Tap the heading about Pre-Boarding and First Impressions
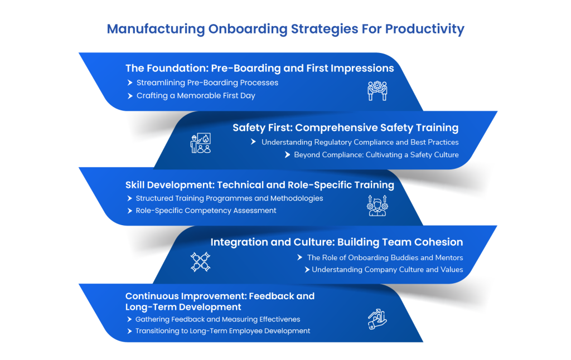coord(259,69)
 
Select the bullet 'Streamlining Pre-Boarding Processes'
coord(207,82)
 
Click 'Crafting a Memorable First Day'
coord(196,96)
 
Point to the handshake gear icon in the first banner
coord(377,90)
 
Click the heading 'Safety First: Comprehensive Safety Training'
coord(345,128)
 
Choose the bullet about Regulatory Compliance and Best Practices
coord(360,142)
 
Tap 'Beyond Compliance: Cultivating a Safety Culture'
coord(376,155)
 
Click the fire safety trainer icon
coord(200,143)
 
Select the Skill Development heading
coord(259,184)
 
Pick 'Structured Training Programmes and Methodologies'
coord(229,198)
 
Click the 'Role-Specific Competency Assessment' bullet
coord(206,211)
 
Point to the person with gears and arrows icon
coord(377,206)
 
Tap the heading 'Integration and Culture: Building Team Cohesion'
coord(336,242)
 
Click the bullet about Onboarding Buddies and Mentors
coord(385,257)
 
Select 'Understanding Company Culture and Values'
coord(387,270)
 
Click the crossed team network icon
coord(200,262)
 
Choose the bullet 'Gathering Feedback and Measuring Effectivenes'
coord(217,319)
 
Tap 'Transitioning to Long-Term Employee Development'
coord(222,331)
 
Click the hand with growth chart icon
coord(377,319)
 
